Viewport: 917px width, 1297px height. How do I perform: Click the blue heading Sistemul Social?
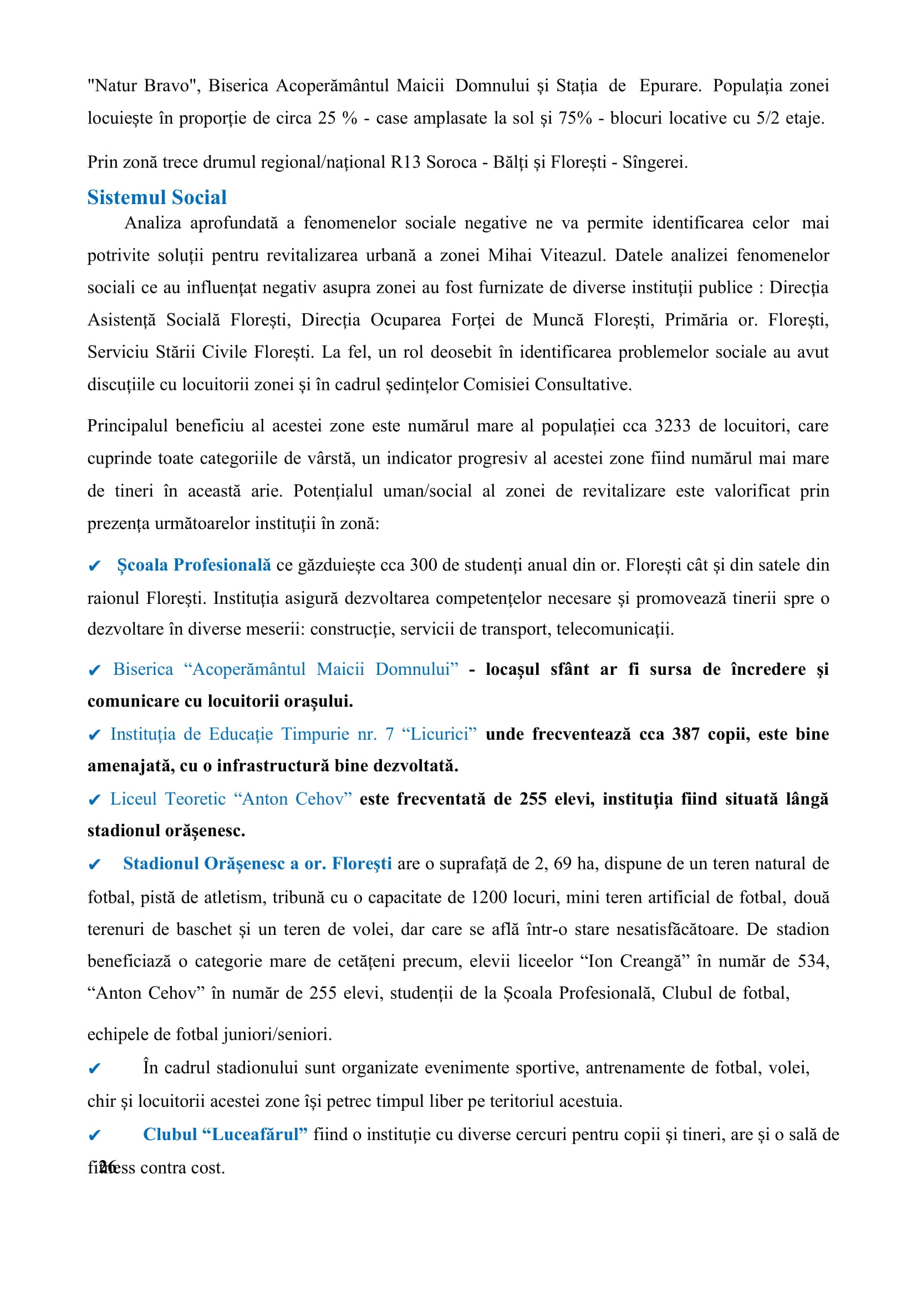pos(156,197)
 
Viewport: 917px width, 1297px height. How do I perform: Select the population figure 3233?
pos(672,425)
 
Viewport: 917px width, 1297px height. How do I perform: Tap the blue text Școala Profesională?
pos(193,565)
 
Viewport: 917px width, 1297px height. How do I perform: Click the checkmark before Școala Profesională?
pos(94,566)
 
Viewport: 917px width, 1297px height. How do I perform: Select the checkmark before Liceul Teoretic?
pos(94,800)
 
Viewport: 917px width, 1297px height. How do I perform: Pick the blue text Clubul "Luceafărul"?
pos(225,1135)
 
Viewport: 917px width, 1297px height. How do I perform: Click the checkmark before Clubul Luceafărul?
pos(94,1136)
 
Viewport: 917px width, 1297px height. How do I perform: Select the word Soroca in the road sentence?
pos(452,162)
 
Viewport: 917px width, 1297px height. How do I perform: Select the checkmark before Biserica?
pos(94,670)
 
